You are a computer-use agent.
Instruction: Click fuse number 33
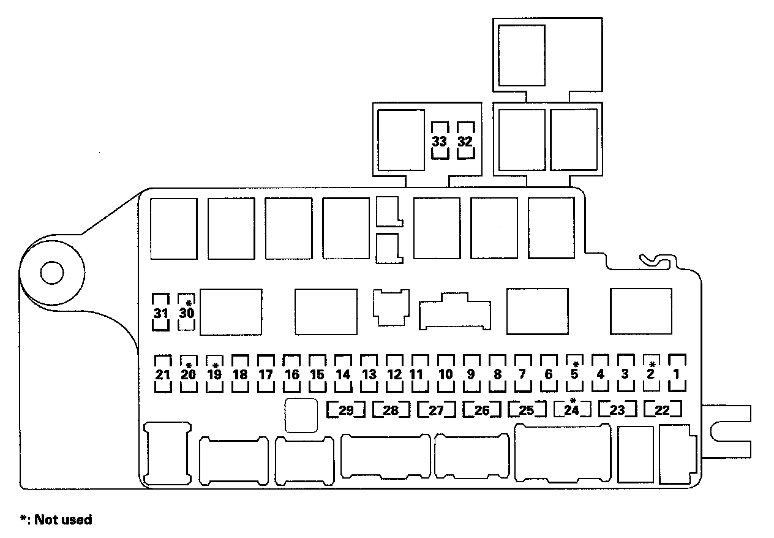[x=440, y=141]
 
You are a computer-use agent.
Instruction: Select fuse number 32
[x=465, y=141]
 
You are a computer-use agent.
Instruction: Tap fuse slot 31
[x=161, y=313]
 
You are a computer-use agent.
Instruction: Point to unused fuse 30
[x=187, y=313]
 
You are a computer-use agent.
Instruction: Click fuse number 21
[x=162, y=373]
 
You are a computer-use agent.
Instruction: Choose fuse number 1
[x=677, y=373]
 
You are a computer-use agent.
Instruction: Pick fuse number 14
[x=343, y=373]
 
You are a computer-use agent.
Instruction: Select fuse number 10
[x=446, y=373]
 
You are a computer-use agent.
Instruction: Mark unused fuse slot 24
[x=572, y=410]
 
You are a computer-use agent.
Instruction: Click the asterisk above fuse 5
[x=576, y=363]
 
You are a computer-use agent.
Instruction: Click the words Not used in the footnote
[x=63, y=520]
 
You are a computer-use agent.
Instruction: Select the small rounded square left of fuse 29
[x=301, y=416]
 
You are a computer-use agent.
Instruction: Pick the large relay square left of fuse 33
[x=401, y=140]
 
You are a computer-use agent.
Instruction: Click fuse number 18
[x=240, y=373]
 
